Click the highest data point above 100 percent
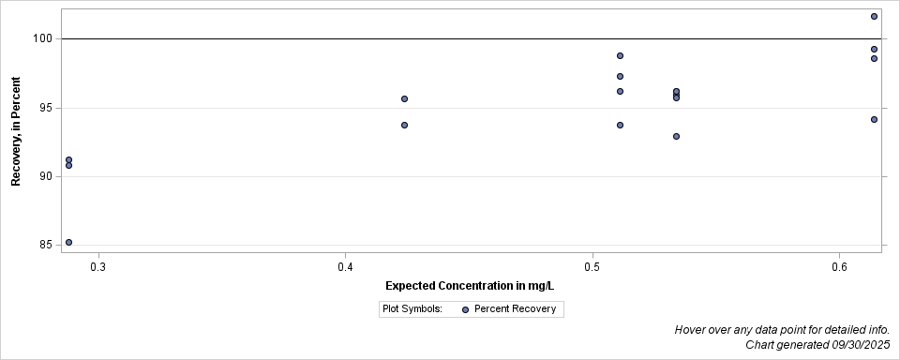click(x=874, y=16)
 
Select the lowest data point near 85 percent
click(x=68, y=242)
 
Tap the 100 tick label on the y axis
click(x=44, y=38)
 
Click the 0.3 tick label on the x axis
click(x=97, y=267)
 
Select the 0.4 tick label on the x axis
click(x=345, y=267)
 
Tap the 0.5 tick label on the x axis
click(x=592, y=267)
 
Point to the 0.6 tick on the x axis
click(x=840, y=267)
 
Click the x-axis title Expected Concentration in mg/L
click(x=470, y=285)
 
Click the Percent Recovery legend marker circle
click(x=465, y=309)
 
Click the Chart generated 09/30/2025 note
click(x=817, y=345)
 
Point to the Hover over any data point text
click(x=782, y=330)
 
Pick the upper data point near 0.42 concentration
click(x=404, y=98)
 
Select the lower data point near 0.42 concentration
click(x=404, y=125)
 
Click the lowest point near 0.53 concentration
click(x=676, y=136)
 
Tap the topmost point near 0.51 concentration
click(x=620, y=55)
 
